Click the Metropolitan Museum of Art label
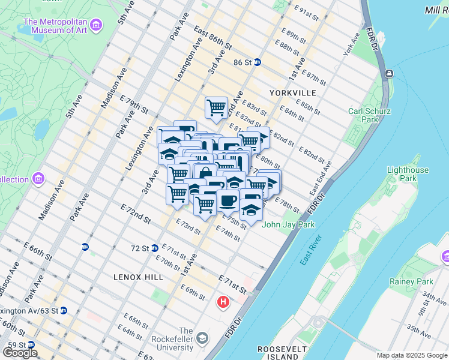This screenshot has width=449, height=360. (x=56, y=28)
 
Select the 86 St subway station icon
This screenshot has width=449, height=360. (x=257, y=62)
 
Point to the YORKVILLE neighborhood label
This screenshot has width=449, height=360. (x=292, y=93)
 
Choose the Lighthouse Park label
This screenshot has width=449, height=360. (x=408, y=174)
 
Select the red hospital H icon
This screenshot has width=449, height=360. (x=224, y=302)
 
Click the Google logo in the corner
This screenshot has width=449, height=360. (x=20, y=353)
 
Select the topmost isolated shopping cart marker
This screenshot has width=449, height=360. (x=216, y=108)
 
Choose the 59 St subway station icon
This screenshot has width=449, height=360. (x=29, y=345)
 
